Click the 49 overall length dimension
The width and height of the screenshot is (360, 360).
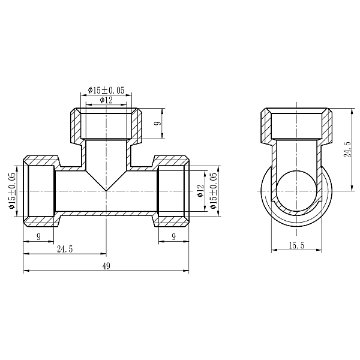click(106, 267)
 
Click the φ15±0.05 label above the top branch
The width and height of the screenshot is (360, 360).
click(106, 90)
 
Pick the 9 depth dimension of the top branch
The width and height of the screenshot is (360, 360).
click(157, 124)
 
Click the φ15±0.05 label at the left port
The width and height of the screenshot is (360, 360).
click(12, 191)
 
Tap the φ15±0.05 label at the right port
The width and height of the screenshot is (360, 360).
click(213, 191)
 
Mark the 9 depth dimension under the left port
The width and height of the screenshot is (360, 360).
click(39, 237)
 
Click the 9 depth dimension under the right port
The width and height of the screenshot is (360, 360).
click(173, 237)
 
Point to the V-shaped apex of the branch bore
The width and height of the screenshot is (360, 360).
click(106, 190)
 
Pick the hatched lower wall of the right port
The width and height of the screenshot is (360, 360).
click(173, 219)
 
